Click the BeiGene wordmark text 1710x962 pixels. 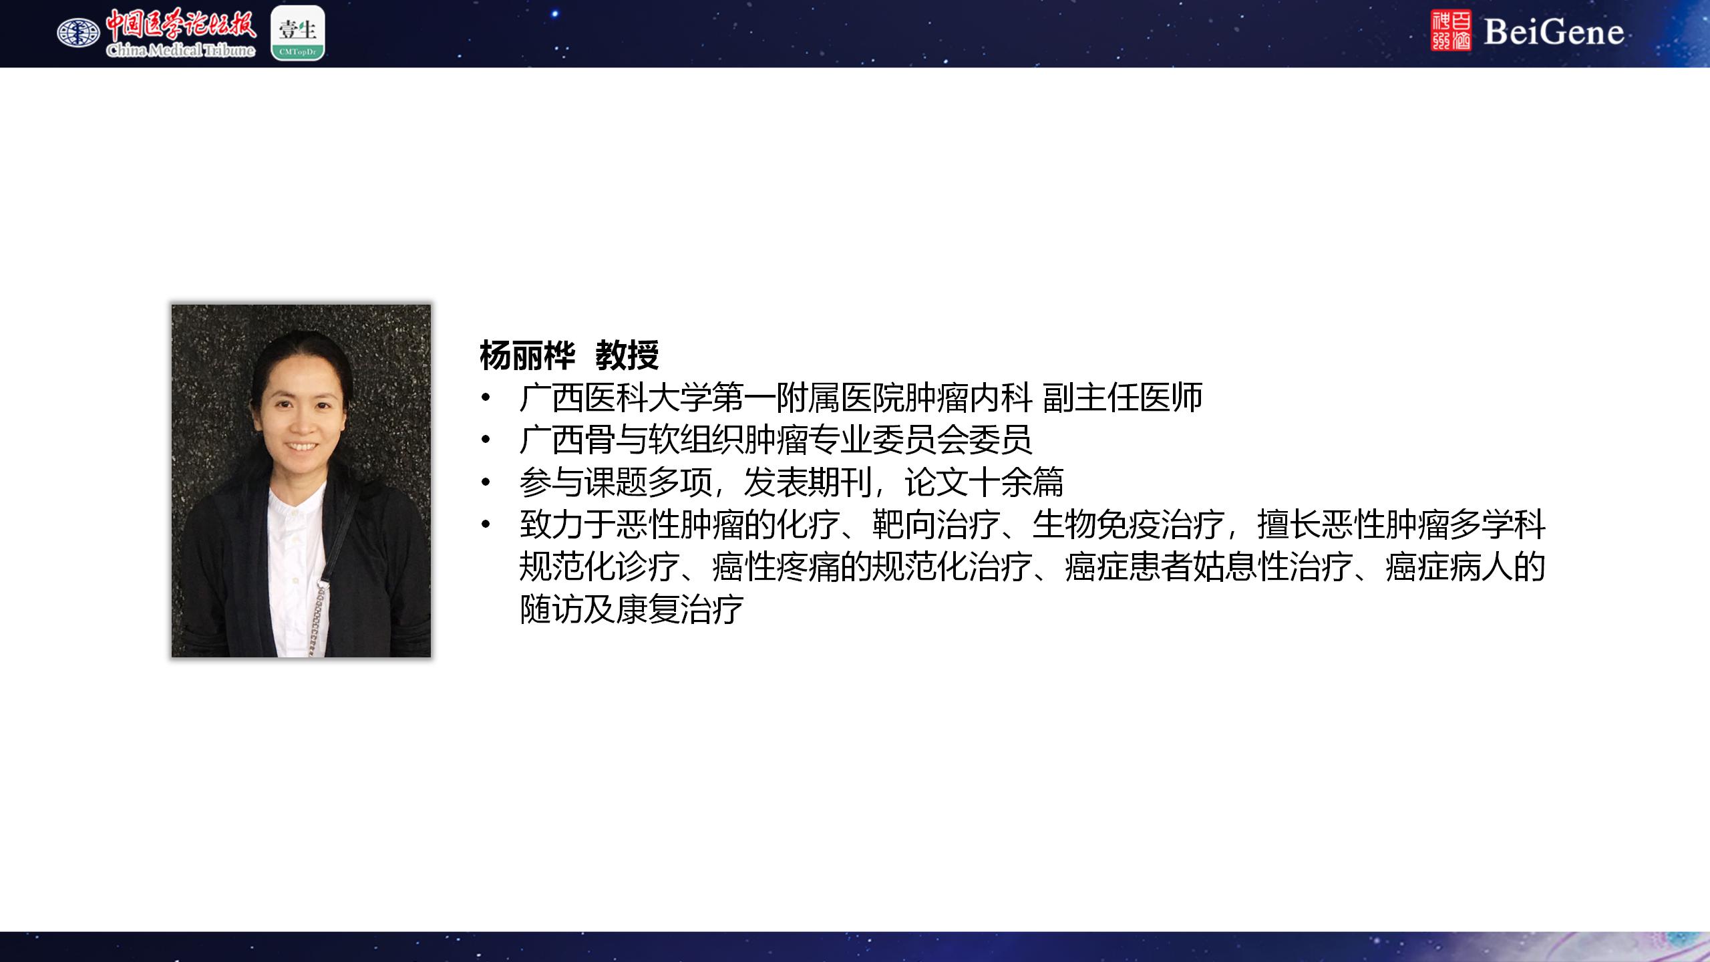click(1554, 32)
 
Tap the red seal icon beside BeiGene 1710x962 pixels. click(1451, 31)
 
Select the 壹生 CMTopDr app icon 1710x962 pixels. click(298, 33)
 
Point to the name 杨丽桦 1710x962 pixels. click(527, 355)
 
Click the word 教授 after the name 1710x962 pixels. click(627, 355)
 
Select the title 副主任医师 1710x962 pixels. click(1122, 397)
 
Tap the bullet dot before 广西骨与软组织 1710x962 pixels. click(486, 440)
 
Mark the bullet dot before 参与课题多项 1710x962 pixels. click(486, 482)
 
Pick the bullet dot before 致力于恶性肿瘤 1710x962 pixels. click(486, 525)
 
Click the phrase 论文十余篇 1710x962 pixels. click(984, 482)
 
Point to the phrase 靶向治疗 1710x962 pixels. click(936, 525)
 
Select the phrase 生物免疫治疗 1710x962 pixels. click(1128, 525)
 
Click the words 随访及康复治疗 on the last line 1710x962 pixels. click(632, 609)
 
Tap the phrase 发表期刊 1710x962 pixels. click(808, 482)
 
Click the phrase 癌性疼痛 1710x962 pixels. click(776, 567)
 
